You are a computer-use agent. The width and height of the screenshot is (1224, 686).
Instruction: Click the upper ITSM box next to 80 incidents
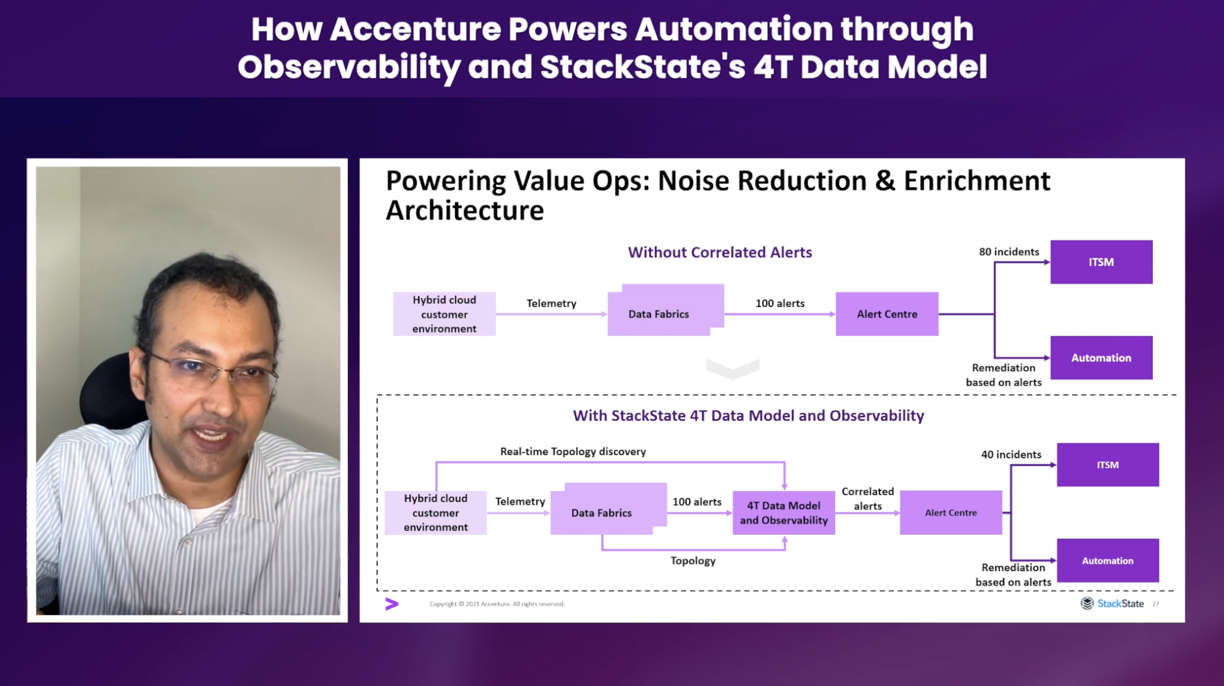(1101, 262)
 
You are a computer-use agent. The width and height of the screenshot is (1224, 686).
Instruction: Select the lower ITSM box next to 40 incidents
(1108, 465)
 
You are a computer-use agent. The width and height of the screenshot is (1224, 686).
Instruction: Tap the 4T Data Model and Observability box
(784, 513)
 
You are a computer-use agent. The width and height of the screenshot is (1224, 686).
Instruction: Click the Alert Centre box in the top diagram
(887, 314)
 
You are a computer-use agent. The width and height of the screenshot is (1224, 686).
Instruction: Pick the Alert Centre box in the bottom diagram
(951, 513)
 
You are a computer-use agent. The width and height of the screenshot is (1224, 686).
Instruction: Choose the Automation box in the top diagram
(1101, 358)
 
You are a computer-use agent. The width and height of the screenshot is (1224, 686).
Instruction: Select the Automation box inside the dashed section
(1108, 561)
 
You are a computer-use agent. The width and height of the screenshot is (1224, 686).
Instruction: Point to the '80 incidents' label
(1009, 252)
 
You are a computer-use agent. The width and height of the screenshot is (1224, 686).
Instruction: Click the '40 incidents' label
(1011, 455)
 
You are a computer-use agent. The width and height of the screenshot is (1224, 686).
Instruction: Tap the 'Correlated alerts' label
(868, 499)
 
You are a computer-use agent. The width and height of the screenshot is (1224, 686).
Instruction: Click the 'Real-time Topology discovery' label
(573, 451)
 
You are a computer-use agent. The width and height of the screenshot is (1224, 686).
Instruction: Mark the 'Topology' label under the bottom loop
(693, 561)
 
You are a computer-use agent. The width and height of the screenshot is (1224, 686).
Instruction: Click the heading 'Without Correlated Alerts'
(720, 252)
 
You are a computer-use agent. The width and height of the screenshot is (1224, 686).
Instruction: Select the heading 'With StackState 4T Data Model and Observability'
(748, 415)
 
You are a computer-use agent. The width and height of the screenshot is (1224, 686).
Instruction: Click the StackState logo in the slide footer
(1112, 604)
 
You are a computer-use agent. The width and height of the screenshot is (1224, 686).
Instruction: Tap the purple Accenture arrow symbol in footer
(391, 604)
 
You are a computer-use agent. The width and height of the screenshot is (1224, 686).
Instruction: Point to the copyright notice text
(497, 604)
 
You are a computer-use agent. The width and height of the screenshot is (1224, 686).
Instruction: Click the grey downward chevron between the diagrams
(733, 368)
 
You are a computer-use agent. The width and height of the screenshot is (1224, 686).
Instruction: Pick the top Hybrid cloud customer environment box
(444, 314)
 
